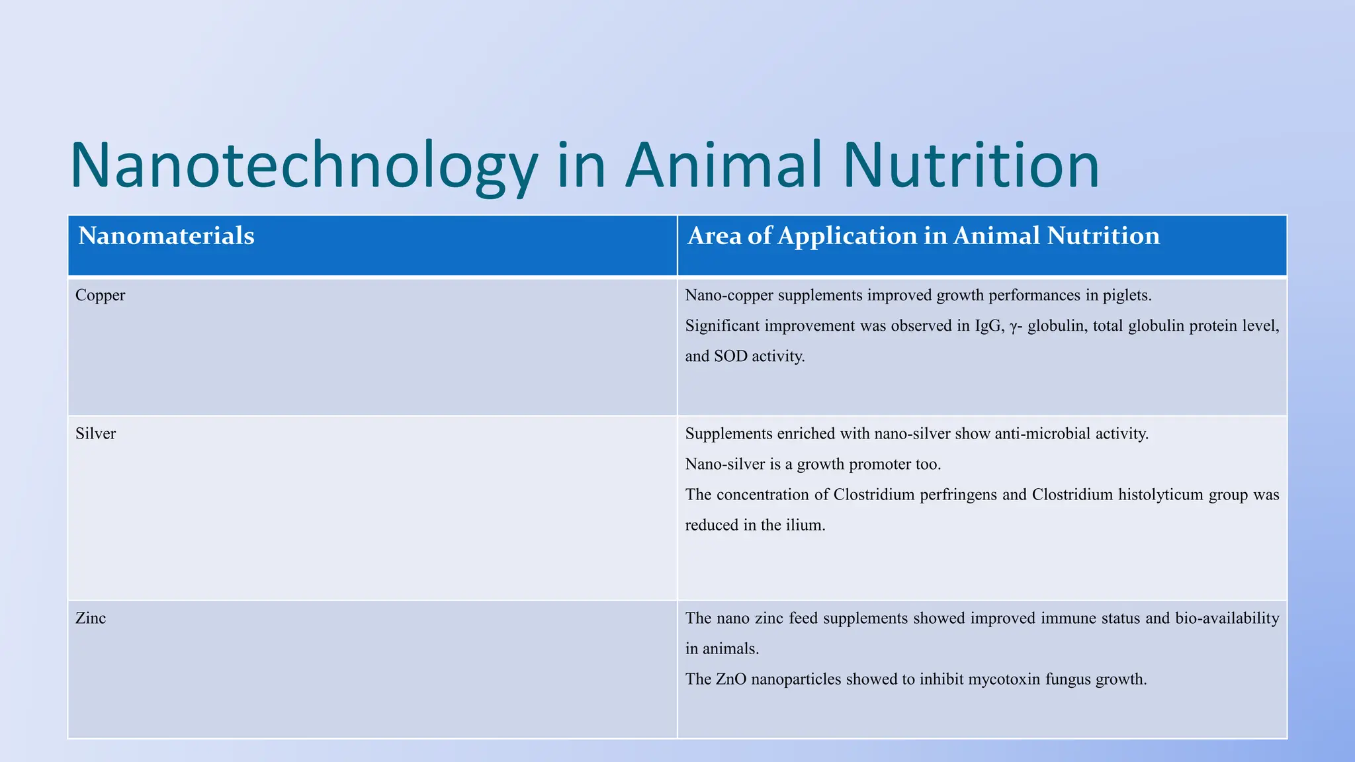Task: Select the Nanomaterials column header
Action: pyautogui.click(x=166, y=236)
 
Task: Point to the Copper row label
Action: pyautogui.click(x=100, y=296)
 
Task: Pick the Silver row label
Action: pyautogui.click(x=95, y=434)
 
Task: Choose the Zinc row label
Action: pyautogui.click(x=91, y=618)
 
